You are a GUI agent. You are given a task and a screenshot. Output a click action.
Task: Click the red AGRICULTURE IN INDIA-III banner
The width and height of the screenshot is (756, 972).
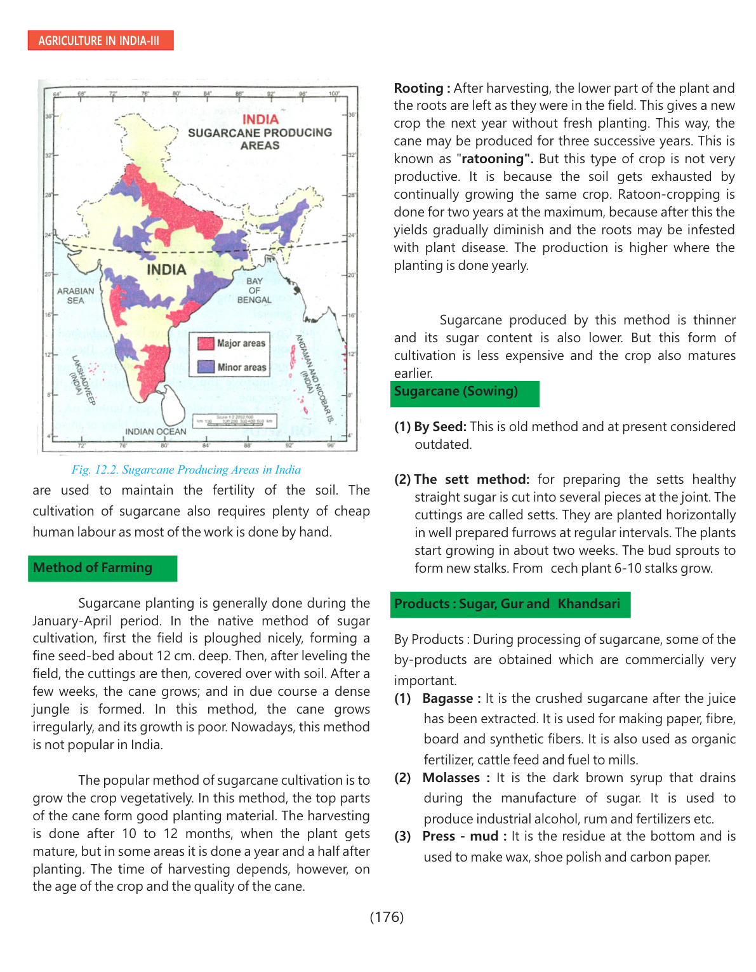[100, 41]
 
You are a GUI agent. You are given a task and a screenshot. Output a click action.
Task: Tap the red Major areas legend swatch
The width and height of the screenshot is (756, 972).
[206, 343]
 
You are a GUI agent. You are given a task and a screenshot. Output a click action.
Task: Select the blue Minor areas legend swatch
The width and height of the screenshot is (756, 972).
[206, 367]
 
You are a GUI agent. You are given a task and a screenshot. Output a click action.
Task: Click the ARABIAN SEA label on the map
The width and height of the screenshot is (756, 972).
[76, 295]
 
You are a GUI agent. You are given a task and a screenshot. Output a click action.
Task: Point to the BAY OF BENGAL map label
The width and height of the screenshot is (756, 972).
[254, 290]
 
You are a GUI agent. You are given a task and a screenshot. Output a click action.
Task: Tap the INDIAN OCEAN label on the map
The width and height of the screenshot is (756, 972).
[156, 432]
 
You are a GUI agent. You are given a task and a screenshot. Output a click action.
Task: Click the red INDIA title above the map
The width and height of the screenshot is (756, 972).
[260, 119]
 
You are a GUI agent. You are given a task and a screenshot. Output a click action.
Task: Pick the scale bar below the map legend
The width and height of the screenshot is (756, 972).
[235, 420]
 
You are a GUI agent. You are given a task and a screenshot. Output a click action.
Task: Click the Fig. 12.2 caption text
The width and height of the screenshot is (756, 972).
[186, 470]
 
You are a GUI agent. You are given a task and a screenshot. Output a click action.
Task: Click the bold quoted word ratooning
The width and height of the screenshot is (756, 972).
[494, 159]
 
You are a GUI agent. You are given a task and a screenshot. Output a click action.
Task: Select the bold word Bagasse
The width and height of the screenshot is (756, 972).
[448, 698]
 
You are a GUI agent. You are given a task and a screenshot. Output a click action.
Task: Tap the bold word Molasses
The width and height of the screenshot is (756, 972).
[451, 778]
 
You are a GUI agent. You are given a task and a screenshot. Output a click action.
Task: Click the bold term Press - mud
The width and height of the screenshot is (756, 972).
[460, 836]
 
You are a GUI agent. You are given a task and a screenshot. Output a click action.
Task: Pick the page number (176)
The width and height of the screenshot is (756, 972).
[387, 917]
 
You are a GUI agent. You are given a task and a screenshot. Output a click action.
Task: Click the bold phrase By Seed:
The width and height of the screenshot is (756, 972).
[440, 427]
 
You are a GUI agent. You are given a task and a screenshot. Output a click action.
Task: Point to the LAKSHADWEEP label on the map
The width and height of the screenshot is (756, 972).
[83, 380]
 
